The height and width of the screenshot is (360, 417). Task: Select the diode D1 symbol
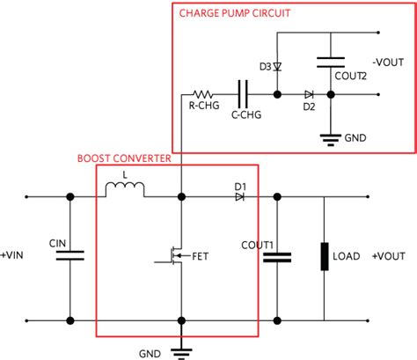239,195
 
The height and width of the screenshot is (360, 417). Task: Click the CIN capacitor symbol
69,255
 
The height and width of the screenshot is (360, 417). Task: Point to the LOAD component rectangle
325,256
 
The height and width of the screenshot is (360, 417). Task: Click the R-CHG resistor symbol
206,92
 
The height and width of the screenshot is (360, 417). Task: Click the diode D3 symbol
277,67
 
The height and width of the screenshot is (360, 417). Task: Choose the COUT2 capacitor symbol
329,62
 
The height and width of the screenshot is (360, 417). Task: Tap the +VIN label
18,256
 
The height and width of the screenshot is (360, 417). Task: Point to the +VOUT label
390,256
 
